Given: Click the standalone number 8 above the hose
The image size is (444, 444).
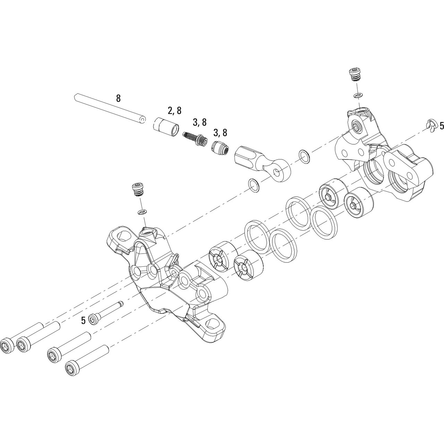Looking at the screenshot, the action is coord(118,98).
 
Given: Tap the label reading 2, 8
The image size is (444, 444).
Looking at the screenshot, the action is coord(174,111).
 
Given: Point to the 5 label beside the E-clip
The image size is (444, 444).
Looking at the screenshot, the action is coord(441,126).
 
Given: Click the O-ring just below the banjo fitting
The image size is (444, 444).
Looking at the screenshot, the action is coord(254,185).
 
